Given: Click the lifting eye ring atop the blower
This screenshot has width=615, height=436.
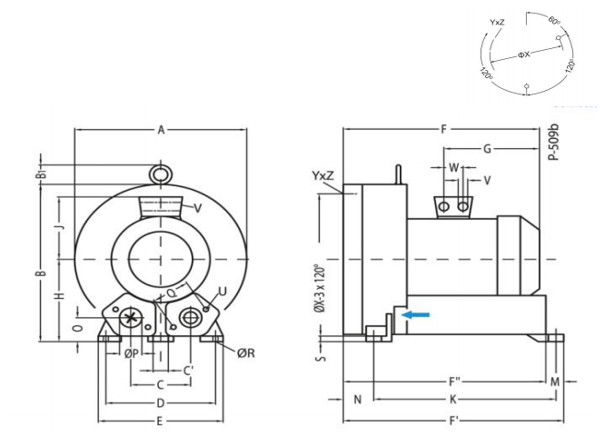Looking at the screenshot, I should click(160, 173).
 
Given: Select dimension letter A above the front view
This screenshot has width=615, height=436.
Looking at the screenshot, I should click(161, 131).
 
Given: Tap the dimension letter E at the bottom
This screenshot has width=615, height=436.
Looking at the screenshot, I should click(160, 421).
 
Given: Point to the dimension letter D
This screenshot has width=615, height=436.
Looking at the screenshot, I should click(160, 401).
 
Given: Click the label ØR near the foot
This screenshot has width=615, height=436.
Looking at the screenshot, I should click(244, 352).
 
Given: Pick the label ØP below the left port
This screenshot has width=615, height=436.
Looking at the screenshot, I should click(132, 352).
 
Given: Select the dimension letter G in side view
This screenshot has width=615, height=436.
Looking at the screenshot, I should click(487, 148).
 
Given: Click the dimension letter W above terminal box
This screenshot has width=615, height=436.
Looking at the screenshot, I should click(453, 167).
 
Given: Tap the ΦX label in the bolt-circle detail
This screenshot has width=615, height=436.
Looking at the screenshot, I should click(523, 54).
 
